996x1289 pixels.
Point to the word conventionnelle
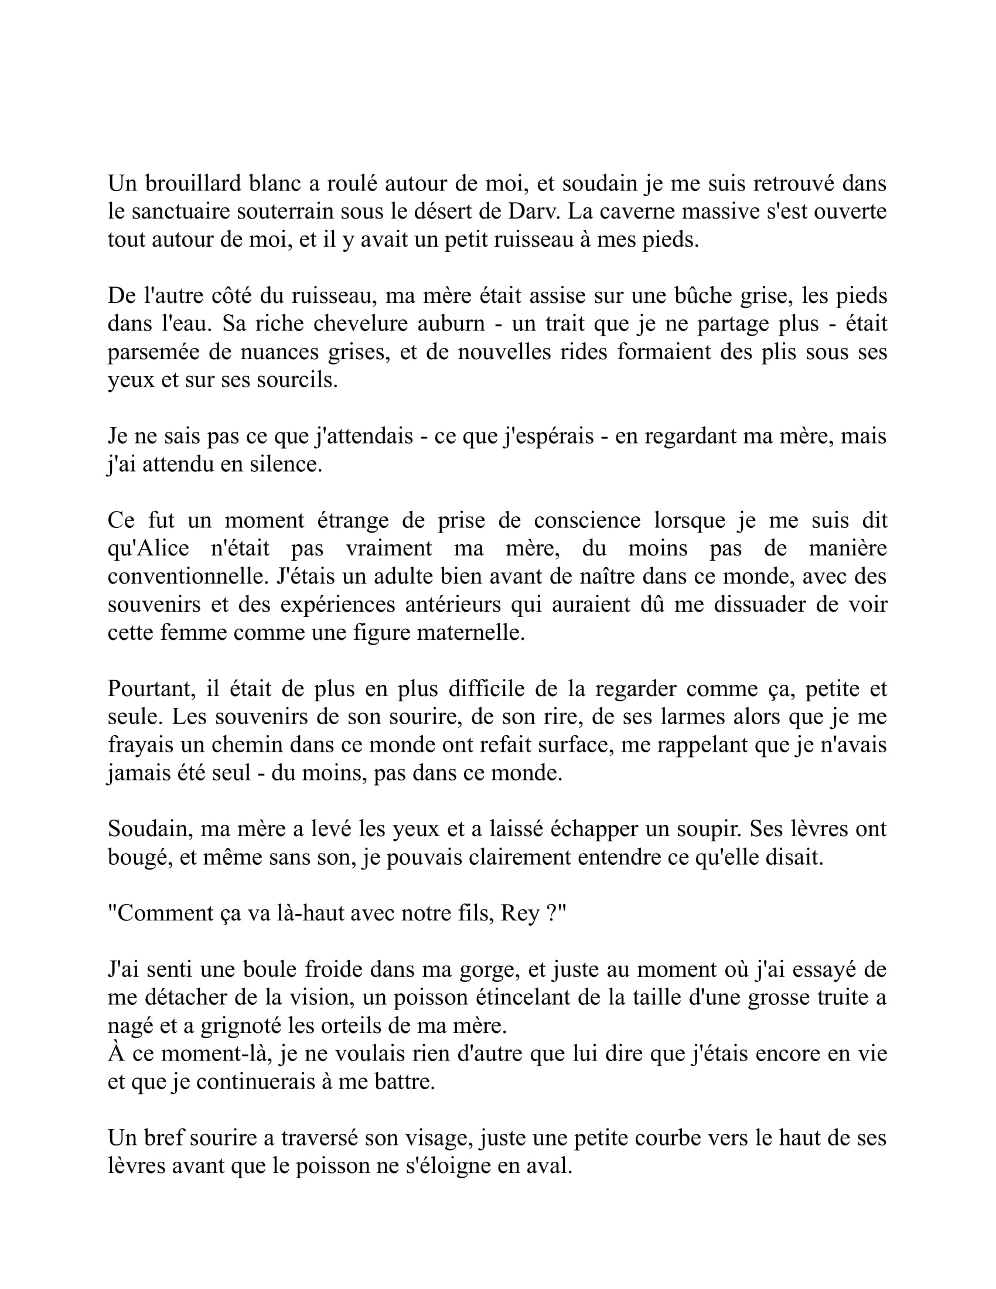click(189, 577)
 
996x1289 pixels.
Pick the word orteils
click(345, 1026)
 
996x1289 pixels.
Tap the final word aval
click(552, 1166)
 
